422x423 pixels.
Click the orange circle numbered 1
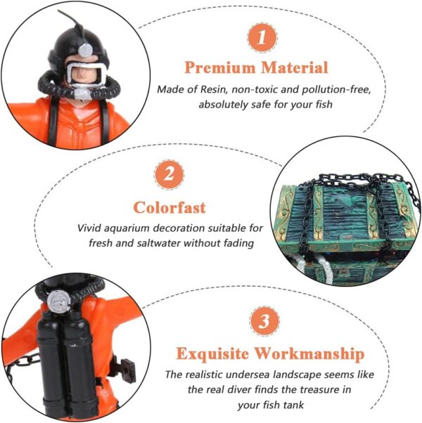[x=262, y=37]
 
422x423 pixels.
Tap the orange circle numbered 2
[x=170, y=174]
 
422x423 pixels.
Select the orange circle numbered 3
[x=264, y=321]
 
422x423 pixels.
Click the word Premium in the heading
[x=220, y=67]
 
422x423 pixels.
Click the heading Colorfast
[x=170, y=207]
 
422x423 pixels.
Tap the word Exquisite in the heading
[x=212, y=353]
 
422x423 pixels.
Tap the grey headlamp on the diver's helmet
[x=85, y=50]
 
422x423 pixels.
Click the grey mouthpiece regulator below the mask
[x=82, y=92]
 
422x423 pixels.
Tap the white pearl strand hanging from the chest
[x=326, y=268]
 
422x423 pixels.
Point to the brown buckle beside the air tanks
[x=127, y=369]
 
